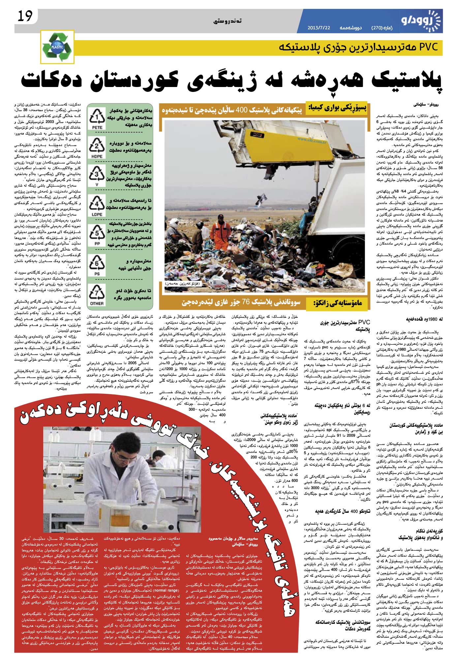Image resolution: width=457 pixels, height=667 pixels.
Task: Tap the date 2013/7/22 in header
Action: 319,28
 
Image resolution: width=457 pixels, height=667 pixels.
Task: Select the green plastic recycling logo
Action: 58,47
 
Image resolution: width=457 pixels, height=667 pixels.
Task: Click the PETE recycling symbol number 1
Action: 97,118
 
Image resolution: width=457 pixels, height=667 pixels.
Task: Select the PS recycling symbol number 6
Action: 97,264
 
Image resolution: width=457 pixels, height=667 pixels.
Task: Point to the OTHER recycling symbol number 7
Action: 97,293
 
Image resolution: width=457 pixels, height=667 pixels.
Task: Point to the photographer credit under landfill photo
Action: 183,283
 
